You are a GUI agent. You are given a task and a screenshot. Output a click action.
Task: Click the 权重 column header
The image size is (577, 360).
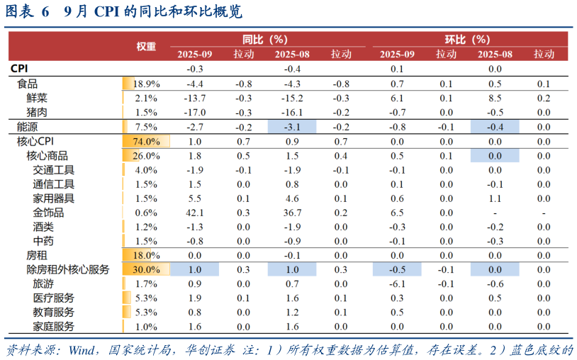click(x=146, y=46)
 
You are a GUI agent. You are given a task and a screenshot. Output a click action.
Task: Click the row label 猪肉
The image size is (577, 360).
click(x=37, y=112)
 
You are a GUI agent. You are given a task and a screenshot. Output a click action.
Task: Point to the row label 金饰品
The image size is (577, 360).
click(x=48, y=212)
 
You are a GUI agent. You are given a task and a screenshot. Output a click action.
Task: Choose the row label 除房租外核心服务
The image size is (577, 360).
click(x=68, y=269)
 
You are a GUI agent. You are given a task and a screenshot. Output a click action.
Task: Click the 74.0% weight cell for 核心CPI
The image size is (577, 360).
click(x=146, y=141)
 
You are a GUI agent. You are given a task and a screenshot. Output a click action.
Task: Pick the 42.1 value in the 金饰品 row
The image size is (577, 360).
click(x=195, y=212)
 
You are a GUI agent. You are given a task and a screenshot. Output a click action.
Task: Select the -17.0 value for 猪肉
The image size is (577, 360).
click(x=195, y=112)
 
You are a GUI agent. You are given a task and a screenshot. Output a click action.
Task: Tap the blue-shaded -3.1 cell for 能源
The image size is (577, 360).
click(x=293, y=127)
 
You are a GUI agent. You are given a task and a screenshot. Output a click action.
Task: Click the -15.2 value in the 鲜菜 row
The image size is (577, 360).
click(x=293, y=98)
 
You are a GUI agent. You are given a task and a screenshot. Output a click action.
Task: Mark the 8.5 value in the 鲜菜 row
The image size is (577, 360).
click(x=495, y=98)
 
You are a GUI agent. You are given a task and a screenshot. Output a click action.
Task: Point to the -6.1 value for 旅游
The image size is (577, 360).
click(x=397, y=283)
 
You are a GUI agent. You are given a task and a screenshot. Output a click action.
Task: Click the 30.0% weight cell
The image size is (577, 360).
click(x=146, y=269)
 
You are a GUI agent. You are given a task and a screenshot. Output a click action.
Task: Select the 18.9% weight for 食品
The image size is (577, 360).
click(x=146, y=84)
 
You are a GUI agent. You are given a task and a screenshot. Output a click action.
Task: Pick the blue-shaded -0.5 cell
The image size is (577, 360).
click(x=397, y=269)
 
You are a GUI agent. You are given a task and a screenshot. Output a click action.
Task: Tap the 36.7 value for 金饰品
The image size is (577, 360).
click(x=293, y=212)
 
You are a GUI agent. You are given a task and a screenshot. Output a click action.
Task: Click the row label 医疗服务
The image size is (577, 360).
click(x=53, y=298)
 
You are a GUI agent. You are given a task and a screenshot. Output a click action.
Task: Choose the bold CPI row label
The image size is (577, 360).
click(x=19, y=69)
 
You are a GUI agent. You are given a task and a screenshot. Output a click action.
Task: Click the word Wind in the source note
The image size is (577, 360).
click(x=83, y=350)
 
